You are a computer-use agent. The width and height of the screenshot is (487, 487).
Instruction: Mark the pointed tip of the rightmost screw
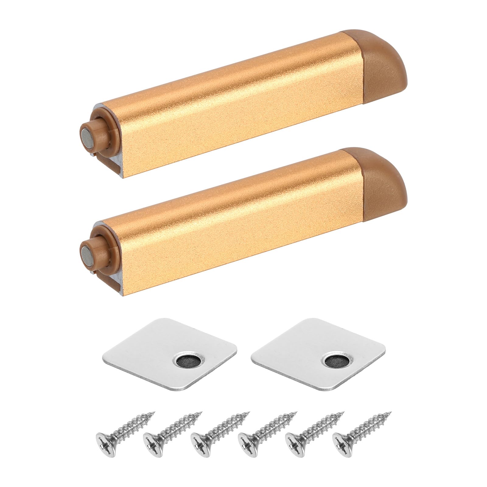tap(391, 413)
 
